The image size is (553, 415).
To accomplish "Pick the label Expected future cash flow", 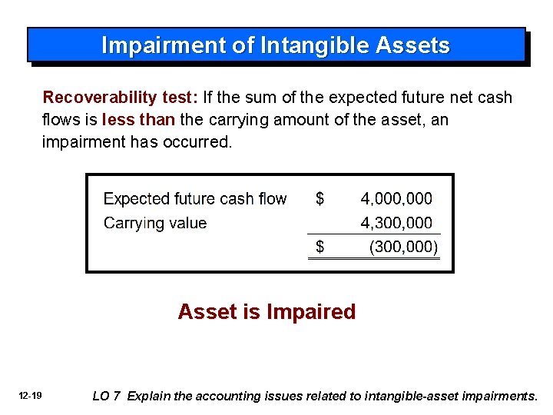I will tap(195, 199).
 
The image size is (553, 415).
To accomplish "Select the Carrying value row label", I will tap(155, 224).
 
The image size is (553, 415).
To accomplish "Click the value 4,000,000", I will tap(396, 199).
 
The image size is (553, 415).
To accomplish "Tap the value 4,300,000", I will tap(396, 224).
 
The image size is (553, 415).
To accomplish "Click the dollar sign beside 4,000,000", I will tap(320, 199).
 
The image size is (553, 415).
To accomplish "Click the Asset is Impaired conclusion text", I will tap(267, 312).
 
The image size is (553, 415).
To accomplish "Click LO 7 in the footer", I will tap(107, 397).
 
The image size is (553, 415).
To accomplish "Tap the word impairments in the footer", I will tap(499, 397).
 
